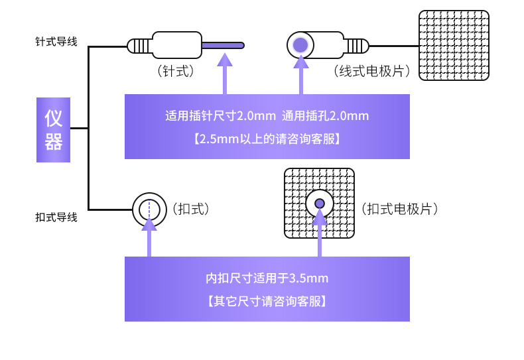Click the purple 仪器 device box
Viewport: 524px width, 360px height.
[53, 130]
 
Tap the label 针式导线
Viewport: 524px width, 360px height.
[56, 42]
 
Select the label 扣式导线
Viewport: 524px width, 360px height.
[56, 217]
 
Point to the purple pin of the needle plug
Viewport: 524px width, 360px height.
[223, 45]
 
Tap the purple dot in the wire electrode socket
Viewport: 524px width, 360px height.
[300, 45]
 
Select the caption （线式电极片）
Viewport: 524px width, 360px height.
[371, 70]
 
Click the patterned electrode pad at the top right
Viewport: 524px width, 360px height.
[454, 45]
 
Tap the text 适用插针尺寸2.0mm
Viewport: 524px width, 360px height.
[220, 116]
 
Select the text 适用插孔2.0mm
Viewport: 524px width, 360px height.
[325, 116]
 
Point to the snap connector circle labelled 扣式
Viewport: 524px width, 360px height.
[149, 209]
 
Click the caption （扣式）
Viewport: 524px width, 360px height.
[191, 209]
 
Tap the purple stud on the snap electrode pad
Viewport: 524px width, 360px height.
[320, 203]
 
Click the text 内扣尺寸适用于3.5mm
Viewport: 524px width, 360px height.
[267, 278]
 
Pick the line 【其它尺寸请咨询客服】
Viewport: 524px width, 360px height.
[267, 300]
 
